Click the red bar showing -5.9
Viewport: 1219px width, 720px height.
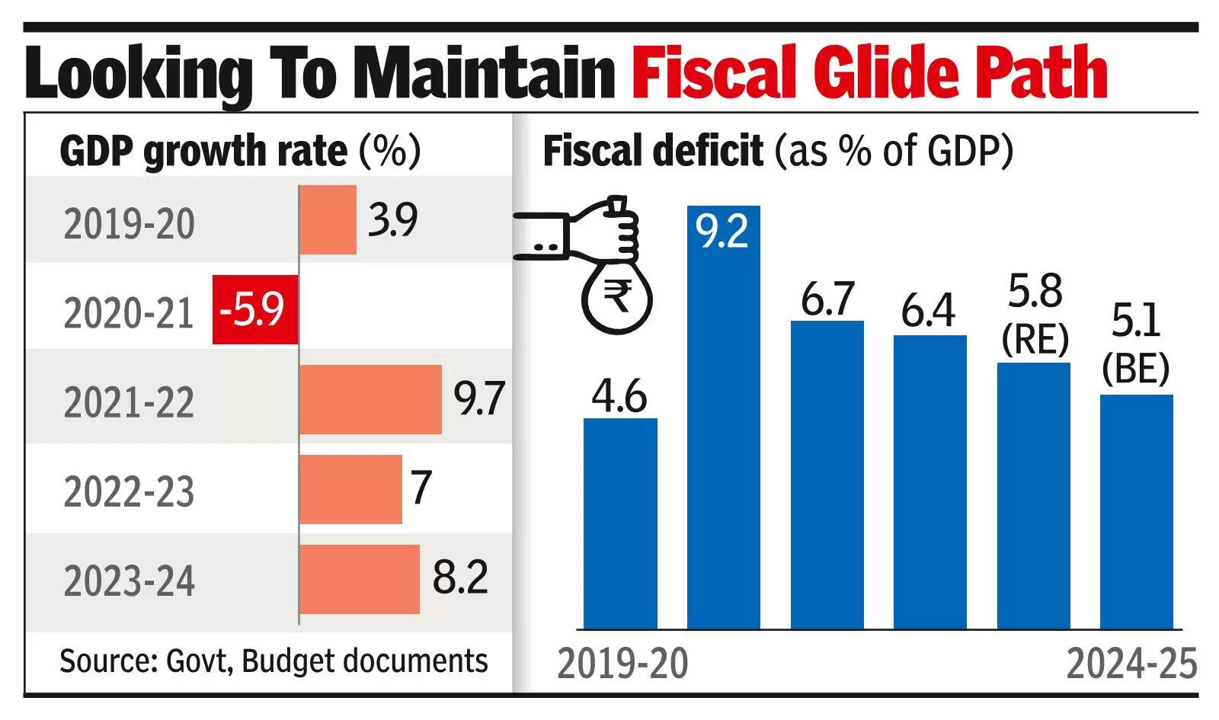(x=254, y=309)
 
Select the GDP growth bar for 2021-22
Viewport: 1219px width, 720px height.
(x=370, y=399)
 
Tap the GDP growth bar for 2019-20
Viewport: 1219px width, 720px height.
(x=328, y=219)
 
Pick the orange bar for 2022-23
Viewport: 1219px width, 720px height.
(x=350, y=489)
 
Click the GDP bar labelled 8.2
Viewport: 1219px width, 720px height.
(x=360, y=579)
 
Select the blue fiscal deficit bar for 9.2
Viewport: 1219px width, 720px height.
(x=723, y=427)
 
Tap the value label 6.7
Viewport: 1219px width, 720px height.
(x=827, y=299)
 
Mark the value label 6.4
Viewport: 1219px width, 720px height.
(x=928, y=311)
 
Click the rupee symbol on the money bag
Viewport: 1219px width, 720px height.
(x=617, y=296)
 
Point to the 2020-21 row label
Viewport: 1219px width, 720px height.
(x=129, y=313)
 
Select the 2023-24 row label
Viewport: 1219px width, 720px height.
(x=129, y=581)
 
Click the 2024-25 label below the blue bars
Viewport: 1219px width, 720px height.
(x=1131, y=664)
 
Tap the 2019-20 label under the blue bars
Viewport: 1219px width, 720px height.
(x=622, y=664)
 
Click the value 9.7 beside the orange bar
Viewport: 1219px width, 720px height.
(x=478, y=398)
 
